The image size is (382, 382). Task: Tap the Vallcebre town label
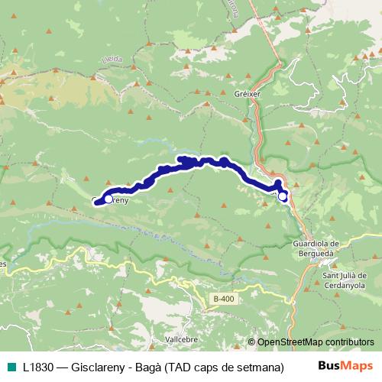[x=182, y=337]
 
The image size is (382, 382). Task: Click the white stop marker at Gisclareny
[x=108, y=199]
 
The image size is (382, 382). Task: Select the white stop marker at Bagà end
[x=283, y=196]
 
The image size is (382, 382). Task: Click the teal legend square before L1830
[x=8, y=367]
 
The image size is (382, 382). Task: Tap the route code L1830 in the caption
[x=38, y=367]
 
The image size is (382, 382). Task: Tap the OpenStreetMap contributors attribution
[x=316, y=342]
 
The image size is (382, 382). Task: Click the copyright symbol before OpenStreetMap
[x=252, y=342]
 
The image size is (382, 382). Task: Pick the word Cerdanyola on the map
[x=345, y=285]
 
